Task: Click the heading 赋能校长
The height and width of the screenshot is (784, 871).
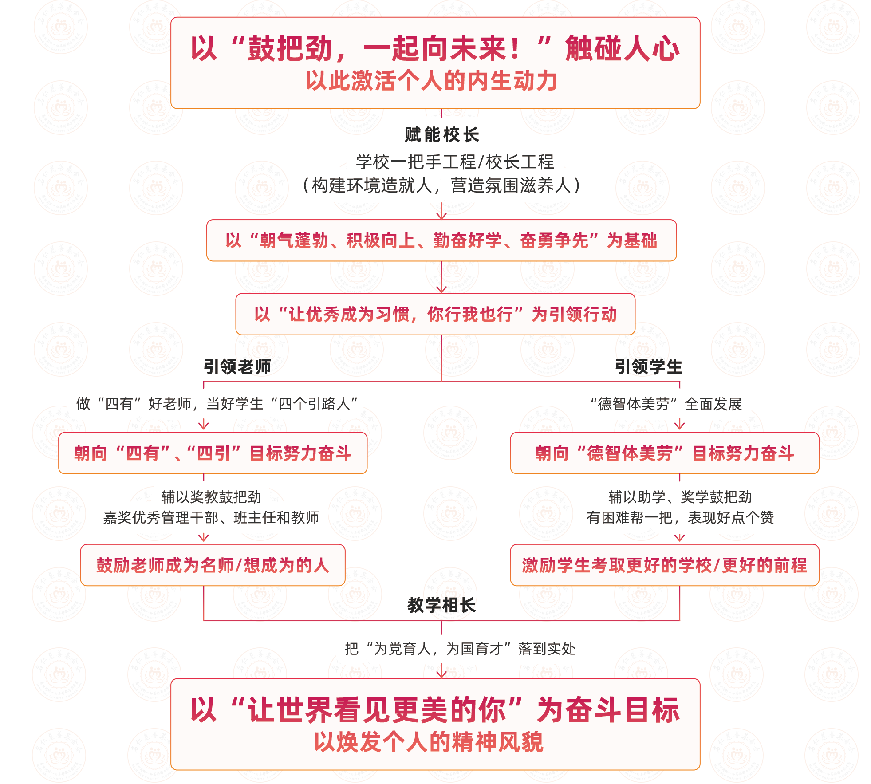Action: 441,135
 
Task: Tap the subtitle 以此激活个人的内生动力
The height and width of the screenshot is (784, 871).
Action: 431,81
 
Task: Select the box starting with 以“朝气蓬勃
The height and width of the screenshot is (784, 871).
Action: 441,240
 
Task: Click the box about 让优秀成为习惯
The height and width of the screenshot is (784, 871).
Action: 435,314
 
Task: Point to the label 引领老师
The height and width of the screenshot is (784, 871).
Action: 237,367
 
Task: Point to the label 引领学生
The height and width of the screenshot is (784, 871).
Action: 649,367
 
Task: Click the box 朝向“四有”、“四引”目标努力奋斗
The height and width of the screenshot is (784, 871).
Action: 213,453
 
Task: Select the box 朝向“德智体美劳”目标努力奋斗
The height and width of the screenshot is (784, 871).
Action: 665,453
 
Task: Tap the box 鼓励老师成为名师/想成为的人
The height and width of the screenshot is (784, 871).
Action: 213,565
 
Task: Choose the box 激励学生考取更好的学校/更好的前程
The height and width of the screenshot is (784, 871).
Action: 665,565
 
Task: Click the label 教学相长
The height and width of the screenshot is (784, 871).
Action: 441,605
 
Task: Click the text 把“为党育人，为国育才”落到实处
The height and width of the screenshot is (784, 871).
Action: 460,649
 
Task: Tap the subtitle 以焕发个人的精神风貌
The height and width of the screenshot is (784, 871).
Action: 429,742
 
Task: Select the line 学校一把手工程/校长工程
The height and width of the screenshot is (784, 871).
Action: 455,162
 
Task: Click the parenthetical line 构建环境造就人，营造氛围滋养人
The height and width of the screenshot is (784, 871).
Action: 441,185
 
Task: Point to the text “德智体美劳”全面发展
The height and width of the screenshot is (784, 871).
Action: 666,404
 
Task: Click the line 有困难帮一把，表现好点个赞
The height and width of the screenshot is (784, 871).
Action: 680,517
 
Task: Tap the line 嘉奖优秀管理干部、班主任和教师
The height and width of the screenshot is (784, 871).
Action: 211,517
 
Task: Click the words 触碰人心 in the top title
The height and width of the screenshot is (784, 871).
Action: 623,48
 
